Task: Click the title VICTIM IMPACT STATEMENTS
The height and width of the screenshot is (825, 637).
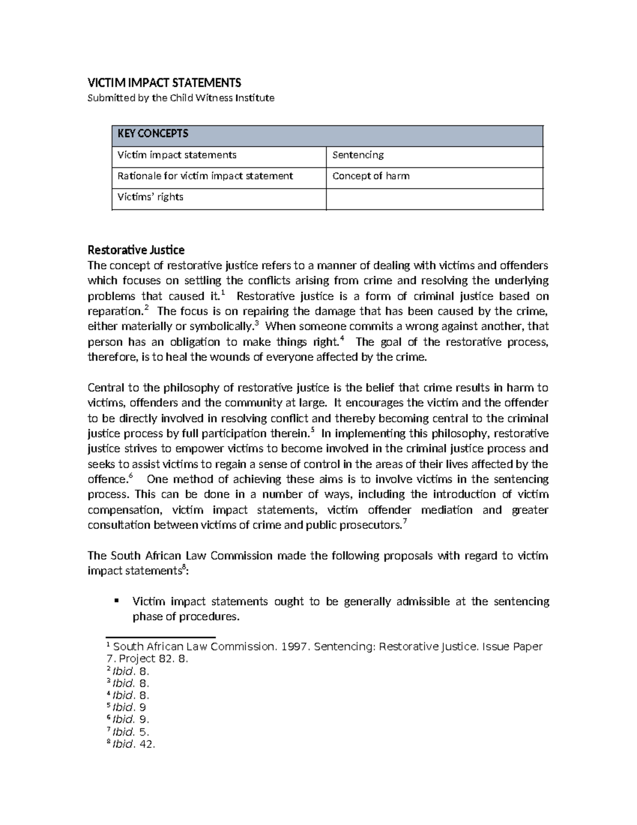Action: point(164,82)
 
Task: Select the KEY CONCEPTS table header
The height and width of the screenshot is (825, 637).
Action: point(153,134)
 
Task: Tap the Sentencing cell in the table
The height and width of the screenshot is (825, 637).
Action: point(358,155)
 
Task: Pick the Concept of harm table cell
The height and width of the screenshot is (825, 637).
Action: point(371,176)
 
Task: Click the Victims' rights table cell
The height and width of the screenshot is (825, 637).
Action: point(150,197)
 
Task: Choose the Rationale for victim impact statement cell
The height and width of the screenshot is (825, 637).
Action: point(205,176)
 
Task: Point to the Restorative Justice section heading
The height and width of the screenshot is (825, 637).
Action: point(136,250)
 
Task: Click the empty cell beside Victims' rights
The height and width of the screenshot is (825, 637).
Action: point(434,199)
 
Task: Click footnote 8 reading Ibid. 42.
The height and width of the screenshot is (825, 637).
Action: point(131,744)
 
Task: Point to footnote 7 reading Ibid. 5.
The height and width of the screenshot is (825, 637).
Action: point(128,732)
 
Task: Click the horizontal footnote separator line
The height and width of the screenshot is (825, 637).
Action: point(160,637)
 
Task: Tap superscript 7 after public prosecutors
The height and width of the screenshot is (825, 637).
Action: point(405,522)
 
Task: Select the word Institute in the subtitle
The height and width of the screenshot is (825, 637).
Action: point(256,98)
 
